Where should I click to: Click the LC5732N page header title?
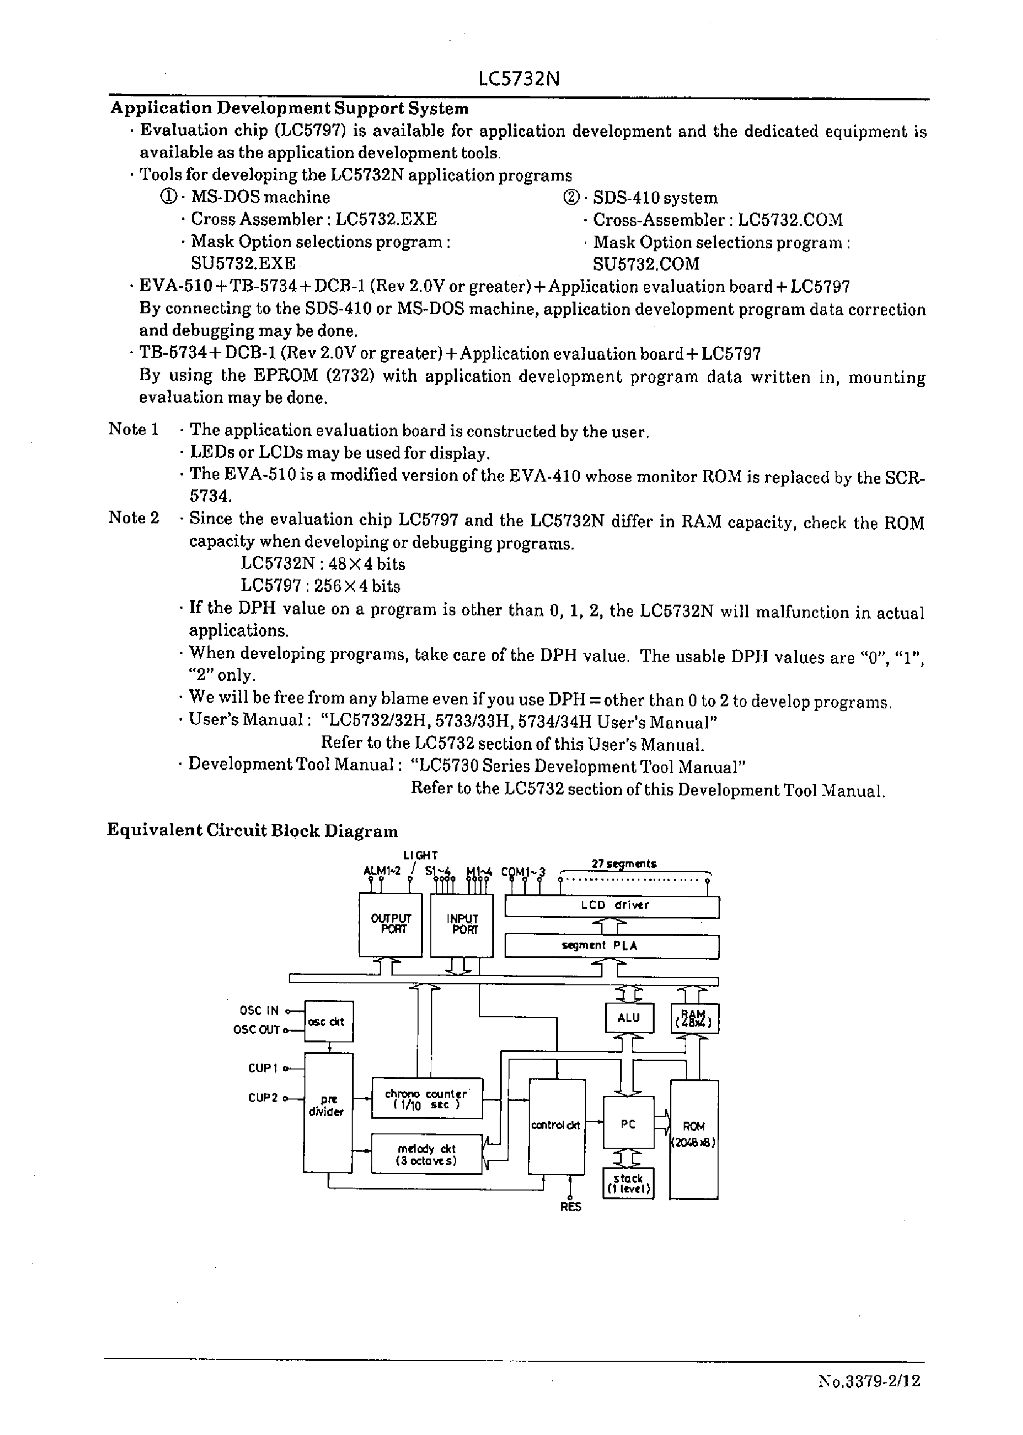pyautogui.click(x=518, y=79)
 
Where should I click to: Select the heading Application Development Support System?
pyautogui.click(x=289, y=108)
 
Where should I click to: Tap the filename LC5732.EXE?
pyautogui.click(x=386, y=219)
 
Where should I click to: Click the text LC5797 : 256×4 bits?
pyautogui.click(x=320, y=586)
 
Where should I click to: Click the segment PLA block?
pyautogui.click(x=612, y=946)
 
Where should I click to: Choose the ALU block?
pyautogui.click(x=629, y=1017)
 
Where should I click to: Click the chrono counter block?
pyautogui.click(x=426, y=1099)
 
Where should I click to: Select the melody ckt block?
pyautogui.click(x=426, y=1154)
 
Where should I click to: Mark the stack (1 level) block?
pyautogui.click(x=628, y=1183)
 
